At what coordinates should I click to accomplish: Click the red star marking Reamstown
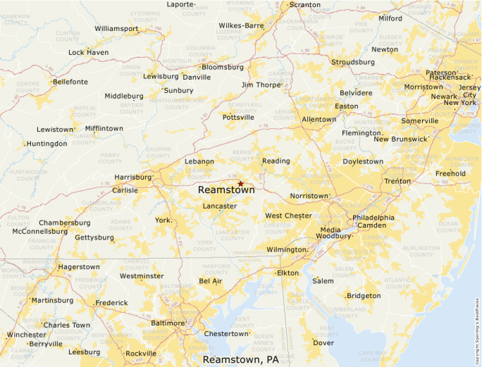[x=240, y=183]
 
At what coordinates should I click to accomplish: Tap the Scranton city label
[x=304, y=5]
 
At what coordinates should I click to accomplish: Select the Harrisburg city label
[x=133, y=178]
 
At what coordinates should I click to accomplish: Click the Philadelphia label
[x=373, y=218]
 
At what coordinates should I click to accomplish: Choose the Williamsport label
[x=116, y=29]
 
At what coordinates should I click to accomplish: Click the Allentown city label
[x=319, y=120]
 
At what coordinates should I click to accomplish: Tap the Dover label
[x=323, y=343]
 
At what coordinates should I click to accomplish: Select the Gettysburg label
[x=94, y=237]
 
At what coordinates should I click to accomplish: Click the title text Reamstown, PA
[x=240, y=359]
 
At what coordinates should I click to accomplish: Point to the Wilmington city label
[x=285, y=249]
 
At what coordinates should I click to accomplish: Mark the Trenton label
[x=397, y=181]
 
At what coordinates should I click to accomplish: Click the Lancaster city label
[x=219, y=206]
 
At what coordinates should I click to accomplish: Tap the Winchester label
[x=26, y=335]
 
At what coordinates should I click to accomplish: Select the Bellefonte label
[x=70, y=82]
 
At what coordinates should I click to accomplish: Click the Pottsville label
[x=238, y=118]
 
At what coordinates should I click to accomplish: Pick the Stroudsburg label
[x=353, y=62]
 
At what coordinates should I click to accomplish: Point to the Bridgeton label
[x=363, y=296]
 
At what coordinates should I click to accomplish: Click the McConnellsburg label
[x=44, y=231]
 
